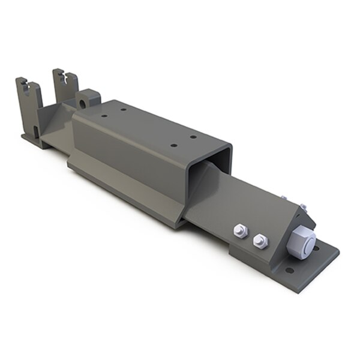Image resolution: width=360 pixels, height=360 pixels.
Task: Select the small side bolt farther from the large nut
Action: click(240, 231)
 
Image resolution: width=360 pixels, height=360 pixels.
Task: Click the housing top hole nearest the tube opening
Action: click(174, 145)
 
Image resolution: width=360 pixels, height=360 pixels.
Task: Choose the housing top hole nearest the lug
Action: click(104, 116)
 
